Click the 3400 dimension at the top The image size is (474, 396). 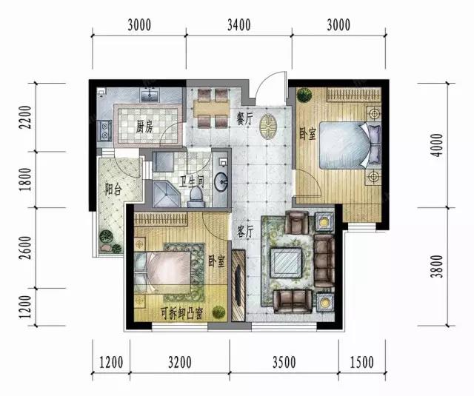(x=238, y=25)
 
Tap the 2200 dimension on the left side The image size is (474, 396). (x=25, y=117)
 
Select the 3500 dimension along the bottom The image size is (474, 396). (x=284, y=362)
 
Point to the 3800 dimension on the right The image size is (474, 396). (x=438, y=266)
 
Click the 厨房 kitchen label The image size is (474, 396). (x=144, y=128)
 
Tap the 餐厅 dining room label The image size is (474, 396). (x=244, y=119)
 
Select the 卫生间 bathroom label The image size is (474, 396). (x=192, y=181)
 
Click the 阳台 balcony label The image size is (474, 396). (x=113, y=189)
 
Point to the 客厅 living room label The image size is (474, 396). (x=244, y=232)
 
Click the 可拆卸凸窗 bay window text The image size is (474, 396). (x=181, y=314)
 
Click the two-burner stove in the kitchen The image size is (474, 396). (x=104, y=131)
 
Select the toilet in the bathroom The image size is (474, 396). (x=196, y=197)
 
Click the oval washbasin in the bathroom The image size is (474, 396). (x=221, y=181)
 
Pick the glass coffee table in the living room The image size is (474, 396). (x=286, y=263)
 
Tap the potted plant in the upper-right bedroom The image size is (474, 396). (x=304, y=95)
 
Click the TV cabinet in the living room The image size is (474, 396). (x=238, y=285)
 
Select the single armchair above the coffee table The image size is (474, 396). (x=297, y=222)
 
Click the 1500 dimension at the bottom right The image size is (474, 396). (x=361, y=362)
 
